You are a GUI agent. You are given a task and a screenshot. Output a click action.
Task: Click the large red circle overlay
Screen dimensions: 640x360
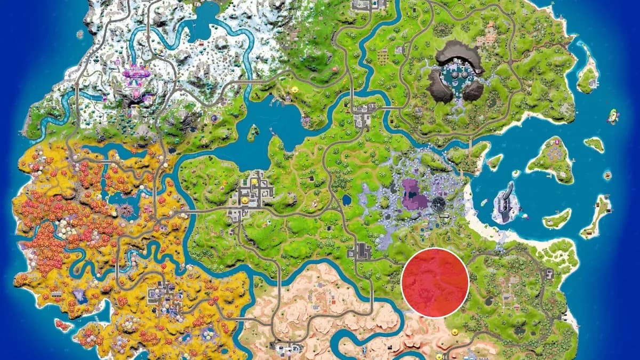pyautogui.click(x=435, y=283)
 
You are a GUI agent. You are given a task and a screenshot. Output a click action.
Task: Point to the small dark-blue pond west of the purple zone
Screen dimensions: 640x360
pyautogui.click(x=347, y=201)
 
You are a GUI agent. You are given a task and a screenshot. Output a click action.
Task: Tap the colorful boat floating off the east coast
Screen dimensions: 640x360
pyautogui.click(x=613, y=116)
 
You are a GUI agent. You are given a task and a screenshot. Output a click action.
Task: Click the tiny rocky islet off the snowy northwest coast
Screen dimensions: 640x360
pyautogui.click(x=80, y=35)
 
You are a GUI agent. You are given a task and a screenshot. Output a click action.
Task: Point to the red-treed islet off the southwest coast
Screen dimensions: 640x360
pyautogui.click(x=62, y=324)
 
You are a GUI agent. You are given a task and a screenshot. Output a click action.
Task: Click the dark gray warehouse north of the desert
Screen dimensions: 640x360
pyautogui.click(x=363, y=250)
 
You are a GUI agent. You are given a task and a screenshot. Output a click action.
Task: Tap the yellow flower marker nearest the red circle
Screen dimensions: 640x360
pyautogui.click(x=454, y=332)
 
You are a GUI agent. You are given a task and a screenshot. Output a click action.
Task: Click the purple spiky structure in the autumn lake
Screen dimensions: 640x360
pyautogui.click(x=127, y=208)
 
